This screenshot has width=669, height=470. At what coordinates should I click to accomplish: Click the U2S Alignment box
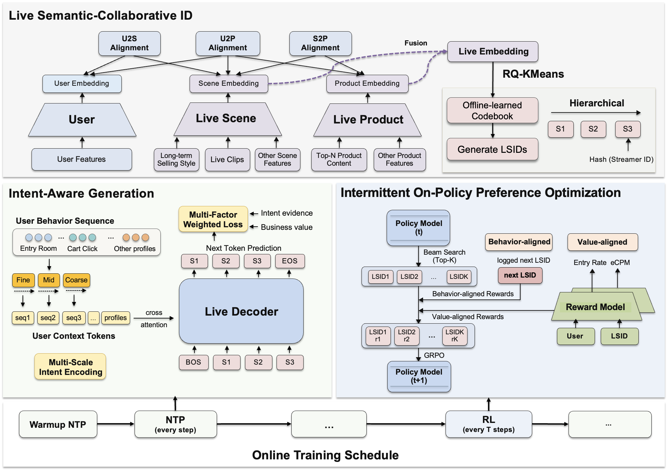(129, 44)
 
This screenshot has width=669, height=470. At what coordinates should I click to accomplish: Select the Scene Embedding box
(229, 83)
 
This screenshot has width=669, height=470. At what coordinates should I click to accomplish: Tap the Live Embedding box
(493, 52)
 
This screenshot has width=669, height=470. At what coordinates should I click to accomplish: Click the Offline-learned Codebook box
(492, 111)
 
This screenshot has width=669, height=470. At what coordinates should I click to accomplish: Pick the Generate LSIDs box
(492, 149)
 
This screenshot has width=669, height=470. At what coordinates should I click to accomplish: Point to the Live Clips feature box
(227, 160)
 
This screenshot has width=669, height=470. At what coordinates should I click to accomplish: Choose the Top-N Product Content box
(339, 160)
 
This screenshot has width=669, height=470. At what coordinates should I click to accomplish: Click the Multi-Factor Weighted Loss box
(213, 219)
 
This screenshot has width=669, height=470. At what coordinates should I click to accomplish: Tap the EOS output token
(290, 261)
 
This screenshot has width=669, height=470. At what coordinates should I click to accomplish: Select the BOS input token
(193, 362)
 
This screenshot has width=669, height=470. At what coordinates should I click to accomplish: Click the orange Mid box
(49, 280)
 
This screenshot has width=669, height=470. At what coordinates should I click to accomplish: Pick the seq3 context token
(74, 318)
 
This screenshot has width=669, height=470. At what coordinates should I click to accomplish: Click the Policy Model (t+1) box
(419, 377)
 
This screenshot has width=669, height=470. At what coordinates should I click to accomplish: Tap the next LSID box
(520, 275)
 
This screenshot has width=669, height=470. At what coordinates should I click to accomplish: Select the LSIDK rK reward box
(455, 336)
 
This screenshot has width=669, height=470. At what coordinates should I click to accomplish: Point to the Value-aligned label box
(602, 242)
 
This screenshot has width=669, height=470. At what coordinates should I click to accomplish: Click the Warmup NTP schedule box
(58, 424)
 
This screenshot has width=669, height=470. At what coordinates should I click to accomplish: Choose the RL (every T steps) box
(489, 424)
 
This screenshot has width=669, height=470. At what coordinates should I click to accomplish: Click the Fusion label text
(416, 43)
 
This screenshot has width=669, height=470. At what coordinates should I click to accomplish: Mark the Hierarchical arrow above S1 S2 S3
(596, 113)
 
